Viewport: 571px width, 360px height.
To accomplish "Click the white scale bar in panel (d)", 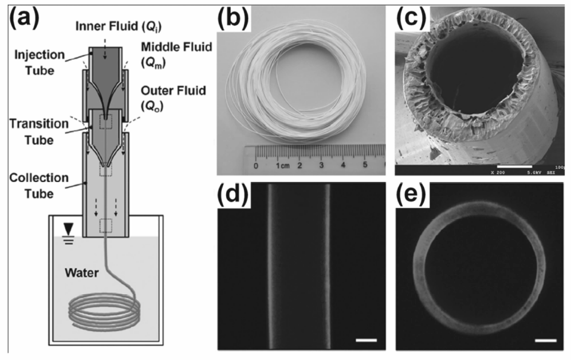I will click(x=366, y=341).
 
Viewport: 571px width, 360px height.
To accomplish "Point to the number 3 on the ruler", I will click(x=322, y=165).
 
